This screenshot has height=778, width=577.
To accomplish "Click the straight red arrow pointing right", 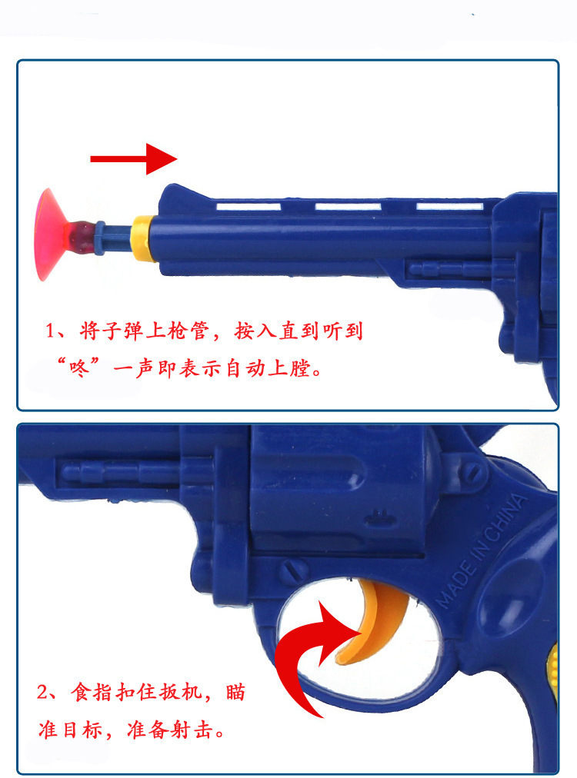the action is click(133, 159).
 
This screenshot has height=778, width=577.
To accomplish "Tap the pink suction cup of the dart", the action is click(50, 234).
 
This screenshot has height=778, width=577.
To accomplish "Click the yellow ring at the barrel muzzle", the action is click(142, 238).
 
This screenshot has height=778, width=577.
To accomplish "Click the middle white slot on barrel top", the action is click(348, 206).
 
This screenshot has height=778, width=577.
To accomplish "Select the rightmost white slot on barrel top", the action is click(449, 206).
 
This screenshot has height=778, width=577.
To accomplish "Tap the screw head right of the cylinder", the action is click(472, 472).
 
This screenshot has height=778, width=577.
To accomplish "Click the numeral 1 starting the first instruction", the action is click(50, 331).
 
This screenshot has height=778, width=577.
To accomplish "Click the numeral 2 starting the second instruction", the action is click(42, 692).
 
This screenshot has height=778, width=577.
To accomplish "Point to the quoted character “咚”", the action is click(79, 368).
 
